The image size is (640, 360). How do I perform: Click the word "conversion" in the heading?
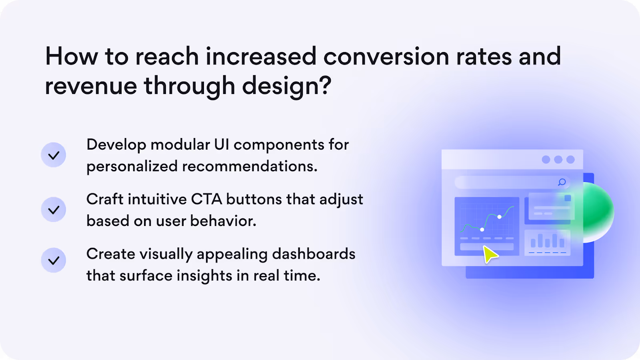386,56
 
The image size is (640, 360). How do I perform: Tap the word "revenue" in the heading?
91,86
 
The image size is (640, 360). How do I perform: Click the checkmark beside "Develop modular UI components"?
54,155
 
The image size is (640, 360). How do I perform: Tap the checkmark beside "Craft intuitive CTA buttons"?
54,210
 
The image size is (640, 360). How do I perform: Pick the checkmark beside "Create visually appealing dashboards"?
54,260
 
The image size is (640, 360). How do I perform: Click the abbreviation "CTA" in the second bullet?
206,199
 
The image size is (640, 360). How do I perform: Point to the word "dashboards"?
314,254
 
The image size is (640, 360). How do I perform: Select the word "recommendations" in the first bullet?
250,166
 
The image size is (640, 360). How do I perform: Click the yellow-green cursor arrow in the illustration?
490,254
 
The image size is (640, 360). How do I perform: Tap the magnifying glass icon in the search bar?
562,182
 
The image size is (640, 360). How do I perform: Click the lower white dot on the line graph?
482,230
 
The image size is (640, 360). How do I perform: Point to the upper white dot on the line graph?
499,217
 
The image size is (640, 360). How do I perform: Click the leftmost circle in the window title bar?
546,160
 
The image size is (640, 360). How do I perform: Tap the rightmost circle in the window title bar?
570,160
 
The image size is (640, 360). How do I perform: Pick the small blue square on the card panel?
568,198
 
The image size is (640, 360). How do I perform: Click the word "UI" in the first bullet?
222,144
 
